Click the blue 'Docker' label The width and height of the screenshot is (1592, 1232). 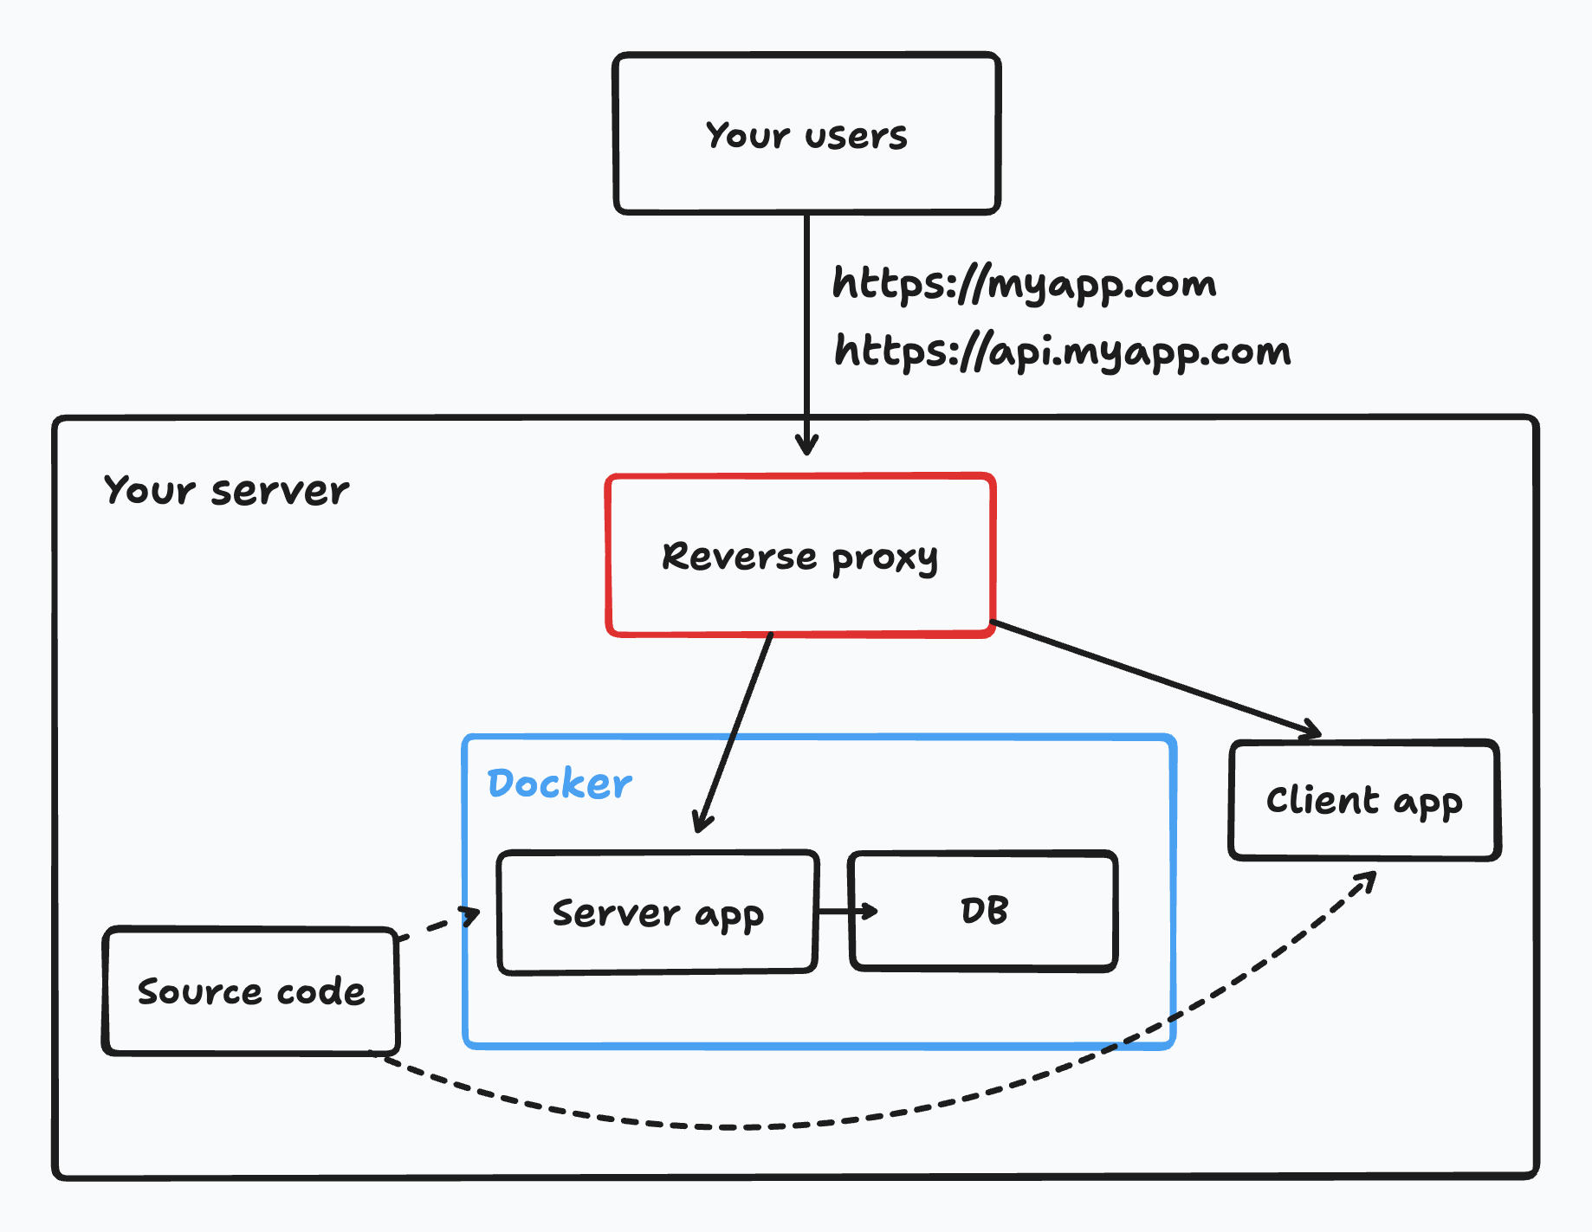pyautogui.click(x=560, y=784)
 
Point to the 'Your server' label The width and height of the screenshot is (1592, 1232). pyautogui.click(x=226, y=491)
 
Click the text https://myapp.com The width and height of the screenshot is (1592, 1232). pyautogui.click(x=1024, y=284)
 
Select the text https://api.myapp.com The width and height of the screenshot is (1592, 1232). pyautogui.click(x=1062, y=352)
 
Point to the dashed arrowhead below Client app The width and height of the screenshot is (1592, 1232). pyautogui.click(x=1367, y=883)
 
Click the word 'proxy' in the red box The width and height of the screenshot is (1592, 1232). pyautogui.click(x=884, y=558)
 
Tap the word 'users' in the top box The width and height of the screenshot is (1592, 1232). pyautogui.click(x=856, y=136)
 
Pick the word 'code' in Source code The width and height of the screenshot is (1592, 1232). pyautogui.click(x=320, y=991)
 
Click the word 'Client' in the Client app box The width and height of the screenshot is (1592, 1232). pyautogui.click(x=1322, y=800)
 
